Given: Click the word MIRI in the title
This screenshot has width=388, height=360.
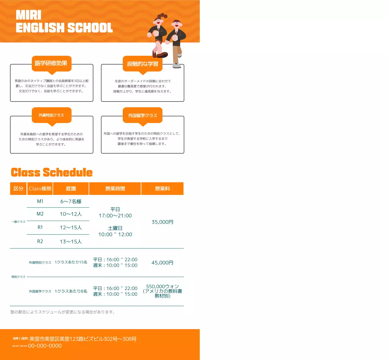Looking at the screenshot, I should [x=28, y=15].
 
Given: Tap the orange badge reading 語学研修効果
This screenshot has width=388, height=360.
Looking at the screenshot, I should [x=52, y=63].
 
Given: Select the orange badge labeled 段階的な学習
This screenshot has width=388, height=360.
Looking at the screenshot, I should [x=142, y=64].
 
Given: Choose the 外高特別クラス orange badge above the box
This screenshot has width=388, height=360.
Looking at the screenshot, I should [x=52, y=115].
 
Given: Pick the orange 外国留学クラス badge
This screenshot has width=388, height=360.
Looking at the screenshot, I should [x=142, y=115].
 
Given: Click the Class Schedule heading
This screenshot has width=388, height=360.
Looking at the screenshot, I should [x=52, y=172].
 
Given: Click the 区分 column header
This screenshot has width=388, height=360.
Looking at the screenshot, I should [x=18, y=188].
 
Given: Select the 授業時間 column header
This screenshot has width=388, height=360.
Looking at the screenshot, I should [x=115, y=188].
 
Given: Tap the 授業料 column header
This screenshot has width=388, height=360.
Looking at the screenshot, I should [x=162, y=188].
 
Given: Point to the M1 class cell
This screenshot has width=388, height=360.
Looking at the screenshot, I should [x=40, y=201].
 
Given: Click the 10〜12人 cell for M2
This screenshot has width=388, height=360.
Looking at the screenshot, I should [x=71, y=214].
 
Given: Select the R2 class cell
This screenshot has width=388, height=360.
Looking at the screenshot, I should [x=40, y=241].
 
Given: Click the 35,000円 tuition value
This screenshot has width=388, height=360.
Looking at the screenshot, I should [x=162, y=222].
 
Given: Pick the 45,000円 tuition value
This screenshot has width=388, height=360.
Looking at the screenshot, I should [x=162, y=262].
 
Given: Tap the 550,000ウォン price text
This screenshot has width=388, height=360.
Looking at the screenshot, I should [x=162, y=286].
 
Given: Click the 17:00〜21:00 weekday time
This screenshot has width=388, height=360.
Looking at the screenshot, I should [x=115, y=215].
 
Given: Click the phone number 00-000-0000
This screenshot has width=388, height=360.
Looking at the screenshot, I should [x=45, y=346].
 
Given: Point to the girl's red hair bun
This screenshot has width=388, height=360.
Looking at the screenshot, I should [x=163, y=15].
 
